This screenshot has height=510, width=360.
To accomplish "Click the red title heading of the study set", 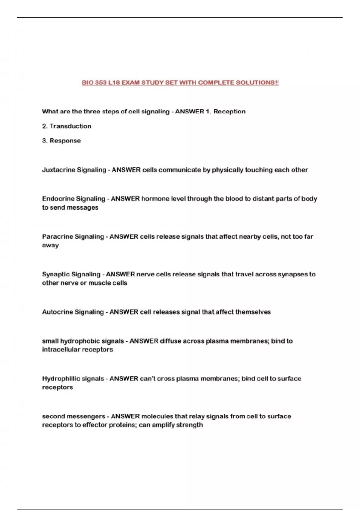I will [180, 82].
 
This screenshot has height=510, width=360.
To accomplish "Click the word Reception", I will [229, 112].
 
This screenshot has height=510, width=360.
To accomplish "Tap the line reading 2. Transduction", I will [67, 126].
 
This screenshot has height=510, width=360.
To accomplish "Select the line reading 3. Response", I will [61, 141].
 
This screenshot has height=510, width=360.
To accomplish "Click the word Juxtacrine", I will [58, 170].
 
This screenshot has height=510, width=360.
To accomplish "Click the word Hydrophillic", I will [61, 379].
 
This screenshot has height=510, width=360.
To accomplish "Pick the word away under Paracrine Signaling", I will [50, 246].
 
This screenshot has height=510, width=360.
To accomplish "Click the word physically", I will [228, 170].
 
